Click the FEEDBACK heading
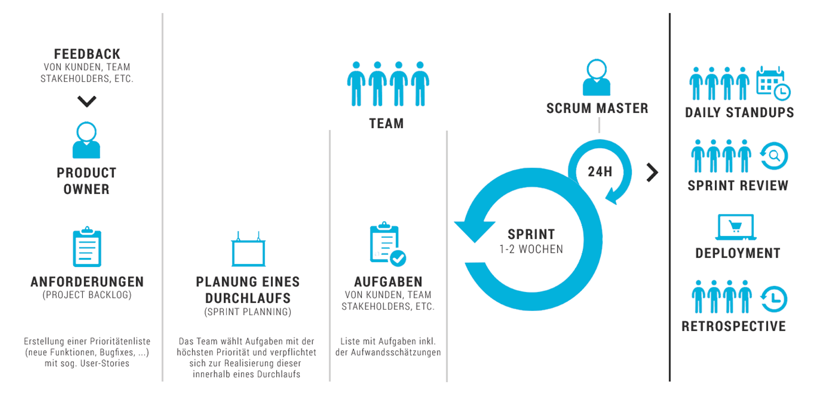(x=87, y=54)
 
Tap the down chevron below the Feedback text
(x=87, y=101)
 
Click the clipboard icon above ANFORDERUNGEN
(x=87, y=247)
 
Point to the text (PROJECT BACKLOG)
(x=87, y=295)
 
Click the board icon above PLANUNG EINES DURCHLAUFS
(x=248, y=250)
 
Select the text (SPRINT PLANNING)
(x=248, y=312)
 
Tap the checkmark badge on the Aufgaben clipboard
(x=398, y=258)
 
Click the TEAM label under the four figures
(x=386, y=124)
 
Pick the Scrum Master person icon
(x=596, y=78)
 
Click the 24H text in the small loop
(x=600, y=172)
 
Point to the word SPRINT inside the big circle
(x=531, y=234)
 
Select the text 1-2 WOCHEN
(x=531, y=249)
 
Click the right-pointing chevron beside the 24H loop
(x=652, y=172)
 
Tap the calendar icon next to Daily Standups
(x=773, y=83)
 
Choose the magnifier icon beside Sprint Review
(x=774, y=156)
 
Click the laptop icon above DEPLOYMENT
(x=735, y=227)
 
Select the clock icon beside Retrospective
(x=774, y=299)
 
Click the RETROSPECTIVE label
(x=734, y=327)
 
